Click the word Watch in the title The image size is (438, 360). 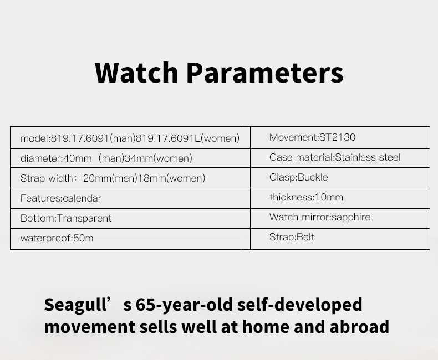pos(136,73)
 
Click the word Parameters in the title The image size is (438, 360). pos(265,73)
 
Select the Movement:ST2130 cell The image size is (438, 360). pos(340,137)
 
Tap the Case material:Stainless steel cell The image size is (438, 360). pos(340,158)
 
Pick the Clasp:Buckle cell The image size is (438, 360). pos(340,178)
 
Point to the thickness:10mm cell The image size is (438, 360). pos(340,198)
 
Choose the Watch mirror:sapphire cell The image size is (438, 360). pos(340,218)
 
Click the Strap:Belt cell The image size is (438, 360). pos(340,239)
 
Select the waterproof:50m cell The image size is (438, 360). pos(130,239)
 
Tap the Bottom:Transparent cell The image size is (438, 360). pos(130,218)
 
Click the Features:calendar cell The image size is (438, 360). pos(130,198)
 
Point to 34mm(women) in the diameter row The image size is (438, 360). pos(159,158)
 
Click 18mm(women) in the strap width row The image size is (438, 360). pos(172,178)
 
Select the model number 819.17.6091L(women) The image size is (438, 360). pos(187,138)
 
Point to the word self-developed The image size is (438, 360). pos(300,305)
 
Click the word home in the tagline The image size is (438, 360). pos(266,327)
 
